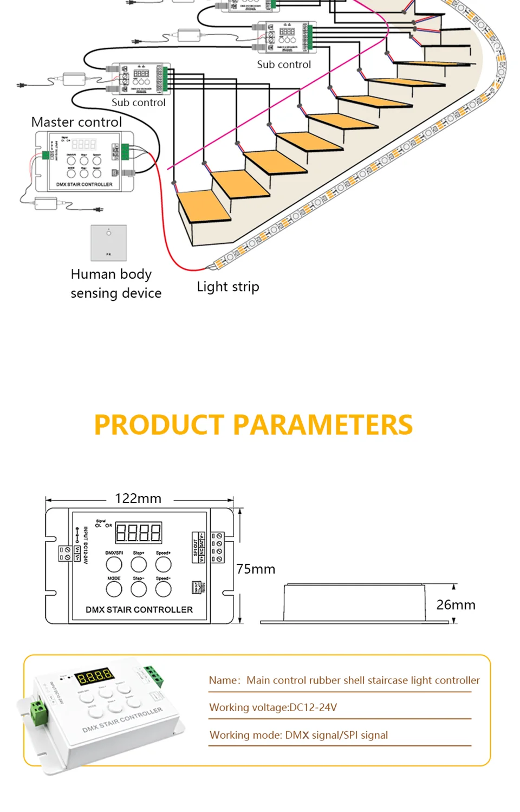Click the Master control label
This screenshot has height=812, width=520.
coord(76,122)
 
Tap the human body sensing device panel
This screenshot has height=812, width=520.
coord(108,243)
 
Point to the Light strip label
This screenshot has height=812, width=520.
coord(227,287)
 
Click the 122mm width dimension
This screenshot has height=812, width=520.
coord(138,499)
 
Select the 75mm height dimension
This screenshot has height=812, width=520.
coord(256,569)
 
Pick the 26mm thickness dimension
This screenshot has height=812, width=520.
coord(456,605)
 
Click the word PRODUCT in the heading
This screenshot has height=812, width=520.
coord(159,425)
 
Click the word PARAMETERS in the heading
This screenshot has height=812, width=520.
coord(323,425)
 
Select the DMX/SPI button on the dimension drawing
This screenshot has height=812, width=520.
coord(114,564)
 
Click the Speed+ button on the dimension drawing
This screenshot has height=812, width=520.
coord(163,564)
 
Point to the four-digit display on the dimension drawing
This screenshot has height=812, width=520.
coord(138,533)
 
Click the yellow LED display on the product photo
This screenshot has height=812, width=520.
coord(94,676)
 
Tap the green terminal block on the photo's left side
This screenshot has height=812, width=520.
coord(38,712)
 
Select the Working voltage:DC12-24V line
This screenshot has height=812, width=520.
coord(273,707)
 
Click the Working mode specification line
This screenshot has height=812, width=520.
coord(298,735)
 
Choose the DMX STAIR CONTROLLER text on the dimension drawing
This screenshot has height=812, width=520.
coord(139,610)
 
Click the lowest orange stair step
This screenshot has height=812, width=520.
coord(204,206)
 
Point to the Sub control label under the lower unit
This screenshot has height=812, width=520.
coord(138,102)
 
